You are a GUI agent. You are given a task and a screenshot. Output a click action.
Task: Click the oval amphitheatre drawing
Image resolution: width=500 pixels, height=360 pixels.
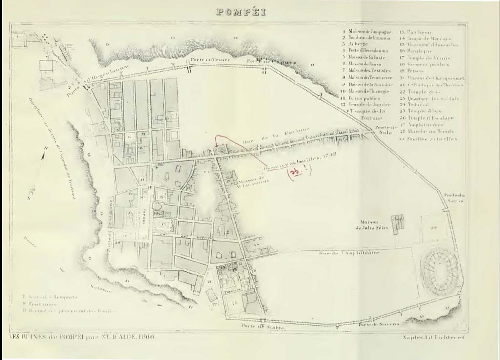(441, 269)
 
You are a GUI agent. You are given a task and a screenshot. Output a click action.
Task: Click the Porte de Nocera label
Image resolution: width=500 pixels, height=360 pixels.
(379, 324)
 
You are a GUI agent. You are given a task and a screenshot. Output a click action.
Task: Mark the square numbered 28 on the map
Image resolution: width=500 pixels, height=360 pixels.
(433, 228)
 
